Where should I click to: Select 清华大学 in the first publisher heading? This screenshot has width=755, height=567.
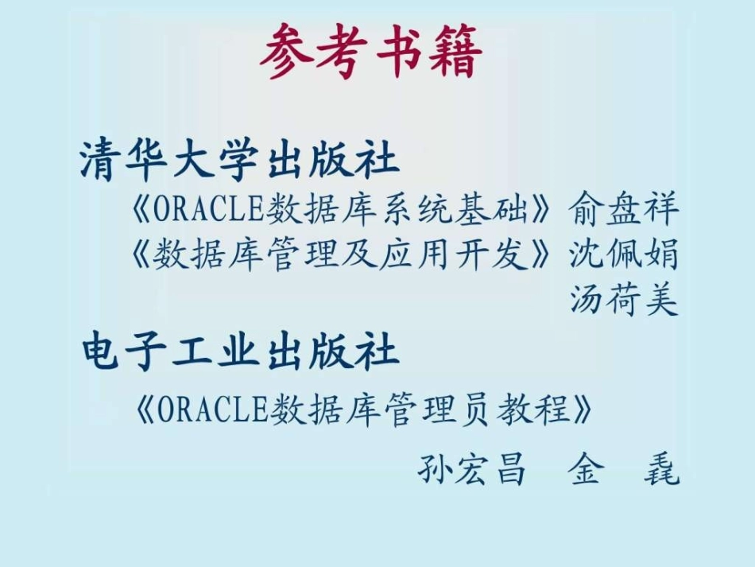tap(168, 161)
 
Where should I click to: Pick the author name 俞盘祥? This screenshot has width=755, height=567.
tap(624, 210)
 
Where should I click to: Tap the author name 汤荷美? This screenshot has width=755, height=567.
tap(624, 300)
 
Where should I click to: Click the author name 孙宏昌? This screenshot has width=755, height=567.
tap(472, 469)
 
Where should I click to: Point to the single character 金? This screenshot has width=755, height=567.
tap(586, 470)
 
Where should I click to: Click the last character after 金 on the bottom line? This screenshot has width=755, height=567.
tap(661, 470)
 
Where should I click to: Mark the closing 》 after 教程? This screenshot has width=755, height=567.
tap(584, 411)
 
